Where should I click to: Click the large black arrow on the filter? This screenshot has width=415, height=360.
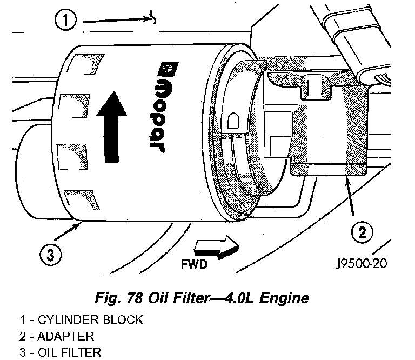click(x=110, y=126)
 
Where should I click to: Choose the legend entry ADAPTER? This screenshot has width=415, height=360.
click(x=62, y=336)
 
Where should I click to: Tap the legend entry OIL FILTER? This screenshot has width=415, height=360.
click(x=67, y=353)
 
